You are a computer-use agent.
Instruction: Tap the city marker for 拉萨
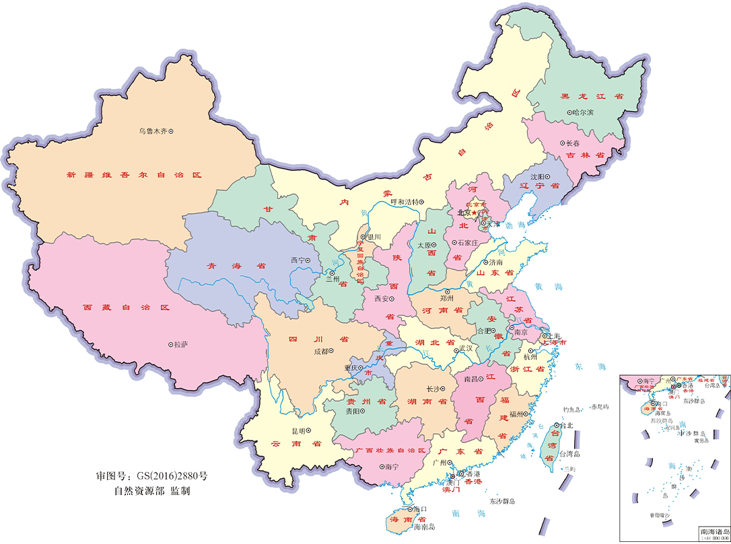click(170, 345)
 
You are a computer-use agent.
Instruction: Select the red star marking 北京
click(474, 213)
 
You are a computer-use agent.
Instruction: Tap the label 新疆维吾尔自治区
click(134, 175)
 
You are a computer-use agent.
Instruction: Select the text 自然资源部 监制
click(152, 491)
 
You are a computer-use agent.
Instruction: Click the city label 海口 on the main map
click(421, 508)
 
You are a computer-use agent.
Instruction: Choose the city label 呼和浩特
click(405, 201)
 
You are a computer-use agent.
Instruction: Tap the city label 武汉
click(464, 350)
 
